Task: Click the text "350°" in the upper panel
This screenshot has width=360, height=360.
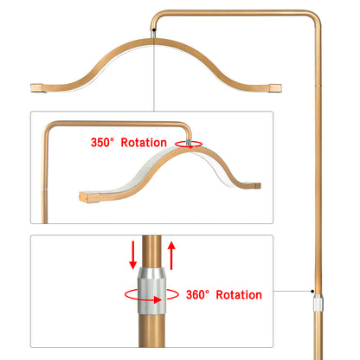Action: click(x=102, y=143)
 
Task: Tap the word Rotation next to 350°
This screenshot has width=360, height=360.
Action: click(x=144, y=143)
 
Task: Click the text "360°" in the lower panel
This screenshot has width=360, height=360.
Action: click(x=197, y=295)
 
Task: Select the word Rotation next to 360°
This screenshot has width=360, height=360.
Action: click(x=239, y=295)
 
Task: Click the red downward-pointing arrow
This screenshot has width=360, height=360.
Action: click(x=133, y=255)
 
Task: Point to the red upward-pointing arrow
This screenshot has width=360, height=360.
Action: click(x=171, y=255)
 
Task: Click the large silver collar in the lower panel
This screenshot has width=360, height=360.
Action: click(x=151, y=291)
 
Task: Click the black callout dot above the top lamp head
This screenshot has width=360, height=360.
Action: click(x=154, y=29)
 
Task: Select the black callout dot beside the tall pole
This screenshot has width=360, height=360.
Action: click(x=312, y=291)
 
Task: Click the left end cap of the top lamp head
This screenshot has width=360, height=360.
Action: click(x=36, y=87)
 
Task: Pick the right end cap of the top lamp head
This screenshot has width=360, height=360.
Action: click(x=275, y=88)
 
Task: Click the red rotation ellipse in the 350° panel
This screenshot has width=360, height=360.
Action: click(x=189, y=144)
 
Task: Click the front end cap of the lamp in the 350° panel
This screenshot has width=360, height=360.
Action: click(x=84, y=197)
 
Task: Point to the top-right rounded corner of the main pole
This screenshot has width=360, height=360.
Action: click(x=314, y=17)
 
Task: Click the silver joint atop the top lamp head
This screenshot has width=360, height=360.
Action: click(x=154, y=35)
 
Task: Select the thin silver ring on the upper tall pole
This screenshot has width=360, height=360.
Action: click(x=318, y=86)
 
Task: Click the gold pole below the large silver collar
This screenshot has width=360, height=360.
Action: click(x=151, y=331)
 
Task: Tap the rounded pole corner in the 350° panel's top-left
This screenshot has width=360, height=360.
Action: click(x=48, y=127)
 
